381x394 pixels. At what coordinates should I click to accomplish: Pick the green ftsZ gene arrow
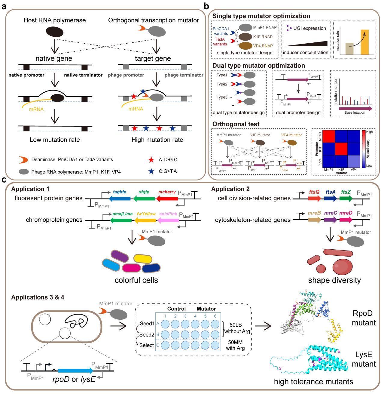(x=346, y=199)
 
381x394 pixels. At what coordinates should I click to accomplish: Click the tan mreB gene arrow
(x=315, y=220)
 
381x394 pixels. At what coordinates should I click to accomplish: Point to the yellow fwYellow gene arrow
(x=145, y=220)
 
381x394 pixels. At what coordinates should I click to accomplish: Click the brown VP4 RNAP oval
(x=247, y=46)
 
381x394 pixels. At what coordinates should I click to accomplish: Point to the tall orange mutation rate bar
(x=364, y=42)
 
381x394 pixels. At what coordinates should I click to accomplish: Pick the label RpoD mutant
(x=364, y=318)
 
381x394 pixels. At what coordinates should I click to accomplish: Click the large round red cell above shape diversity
(x=343, y=266)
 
